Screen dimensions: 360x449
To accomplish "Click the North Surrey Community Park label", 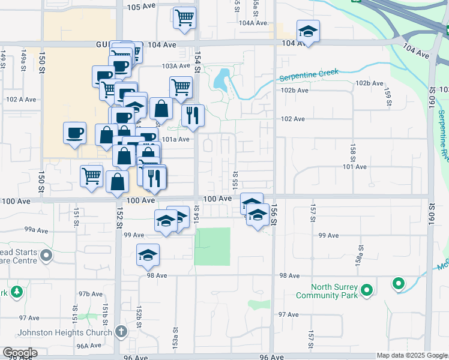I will tap(327, 291).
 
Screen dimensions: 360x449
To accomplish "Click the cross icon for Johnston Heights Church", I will tap(121, 331).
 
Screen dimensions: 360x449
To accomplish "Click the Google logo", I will tap(20, 353).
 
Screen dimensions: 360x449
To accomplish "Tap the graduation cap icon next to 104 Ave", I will tap(308, 31).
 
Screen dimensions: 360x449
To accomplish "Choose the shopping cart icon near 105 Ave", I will tap(185, 17).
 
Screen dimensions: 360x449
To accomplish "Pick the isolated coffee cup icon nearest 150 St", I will tap(75, 133).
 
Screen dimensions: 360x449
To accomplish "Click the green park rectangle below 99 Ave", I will tap(212, 246).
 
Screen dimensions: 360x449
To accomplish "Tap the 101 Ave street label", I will tap(354, 167).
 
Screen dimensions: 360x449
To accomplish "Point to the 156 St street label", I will tap(273, 214).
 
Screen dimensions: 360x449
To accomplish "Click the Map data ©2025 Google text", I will tap(411, 355).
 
